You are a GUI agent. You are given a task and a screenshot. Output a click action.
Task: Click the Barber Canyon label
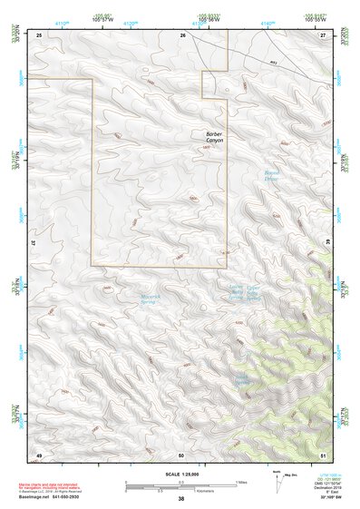pos(214,137)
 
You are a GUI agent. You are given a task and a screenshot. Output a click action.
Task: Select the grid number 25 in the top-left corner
pos(39,34)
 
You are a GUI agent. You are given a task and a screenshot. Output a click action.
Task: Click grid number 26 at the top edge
pos(183,34)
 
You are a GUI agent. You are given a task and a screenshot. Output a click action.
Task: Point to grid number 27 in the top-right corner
pos(324,34)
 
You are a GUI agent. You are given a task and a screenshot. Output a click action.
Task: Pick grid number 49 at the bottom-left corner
pos(39,454)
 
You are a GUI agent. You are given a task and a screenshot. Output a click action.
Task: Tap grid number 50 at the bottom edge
pos(180,454)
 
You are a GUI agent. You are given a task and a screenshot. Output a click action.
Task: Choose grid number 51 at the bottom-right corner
pos(324,454)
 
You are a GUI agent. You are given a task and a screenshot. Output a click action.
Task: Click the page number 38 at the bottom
pos(181,499)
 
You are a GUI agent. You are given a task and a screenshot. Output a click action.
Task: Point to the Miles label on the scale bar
pos(240,482)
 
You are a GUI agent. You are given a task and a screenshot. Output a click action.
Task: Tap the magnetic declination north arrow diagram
pos(278,483)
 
